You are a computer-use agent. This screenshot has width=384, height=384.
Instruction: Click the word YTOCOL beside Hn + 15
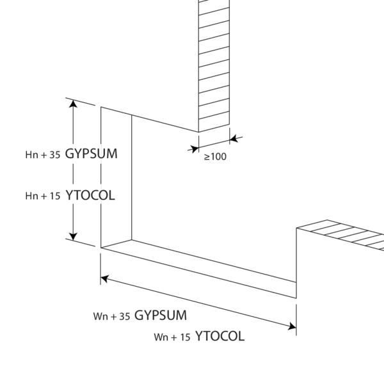click(90, 195)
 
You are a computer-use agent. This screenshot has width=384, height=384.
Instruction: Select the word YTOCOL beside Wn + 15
click(220, 336)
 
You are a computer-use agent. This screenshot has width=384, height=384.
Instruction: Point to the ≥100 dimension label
click(214, 156)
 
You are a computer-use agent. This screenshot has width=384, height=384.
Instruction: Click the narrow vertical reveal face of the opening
click(116, 179)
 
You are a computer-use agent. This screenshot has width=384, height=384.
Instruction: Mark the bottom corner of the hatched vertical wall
click(198, 132)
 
